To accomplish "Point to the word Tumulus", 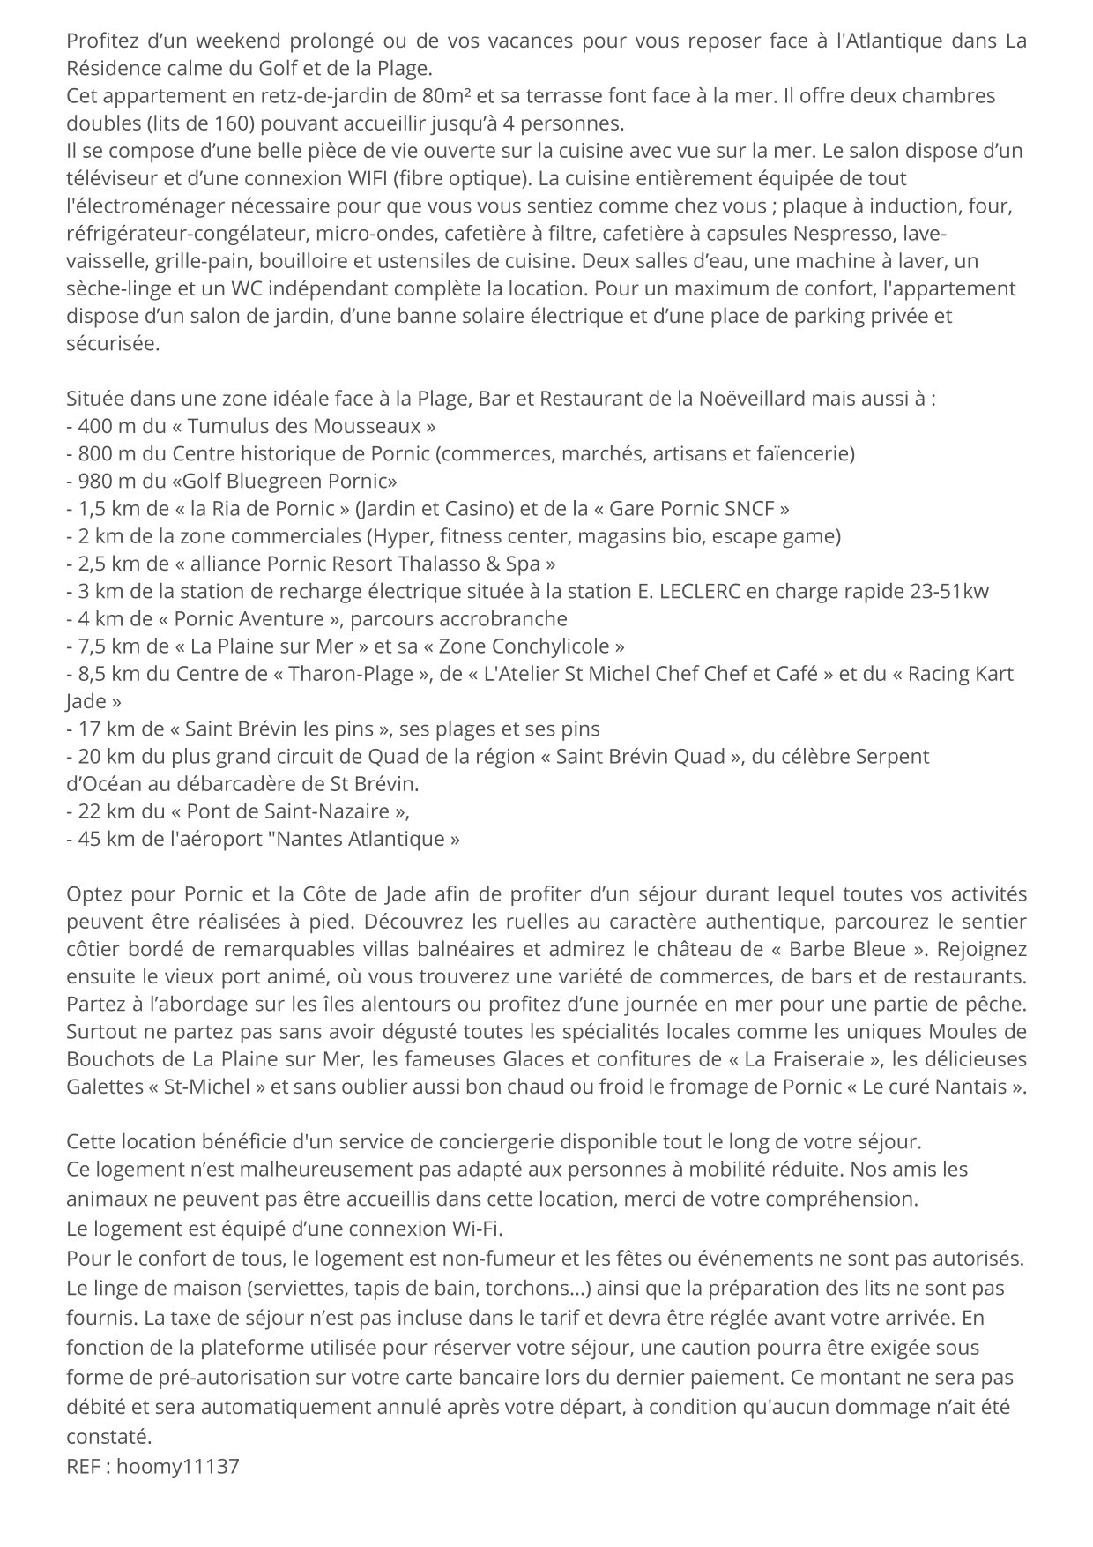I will point(227,426).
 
